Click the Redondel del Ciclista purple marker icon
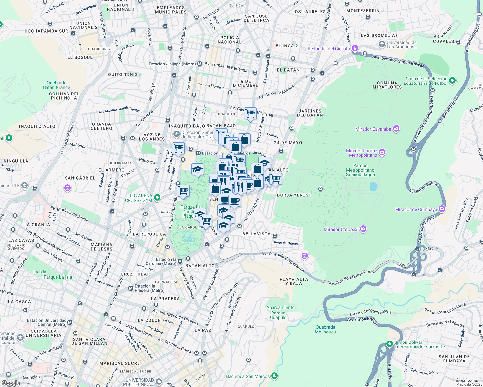coord(355,49)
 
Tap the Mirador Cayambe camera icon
coord(396,129)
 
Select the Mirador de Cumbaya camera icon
coord(442,209)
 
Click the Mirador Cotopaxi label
coord(341,229)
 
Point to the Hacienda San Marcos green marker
coord(274,376)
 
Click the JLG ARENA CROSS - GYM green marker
coord(157,197)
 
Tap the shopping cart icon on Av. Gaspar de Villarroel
coord(250,114)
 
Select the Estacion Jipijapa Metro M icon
coord(200,64)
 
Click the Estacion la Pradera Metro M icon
coord(131,288)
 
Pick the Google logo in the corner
coord(11,383)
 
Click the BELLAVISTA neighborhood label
coord(256,234)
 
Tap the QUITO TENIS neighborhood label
coord(123,74)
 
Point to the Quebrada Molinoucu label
coord(325,330)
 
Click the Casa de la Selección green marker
coord(452,80)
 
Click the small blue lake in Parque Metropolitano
coord(373,186)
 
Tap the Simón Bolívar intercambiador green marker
coord(390,344)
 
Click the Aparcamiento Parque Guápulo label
coord(280,313)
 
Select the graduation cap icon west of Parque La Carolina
coord(197,169)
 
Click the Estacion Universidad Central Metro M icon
coord(70,322)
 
